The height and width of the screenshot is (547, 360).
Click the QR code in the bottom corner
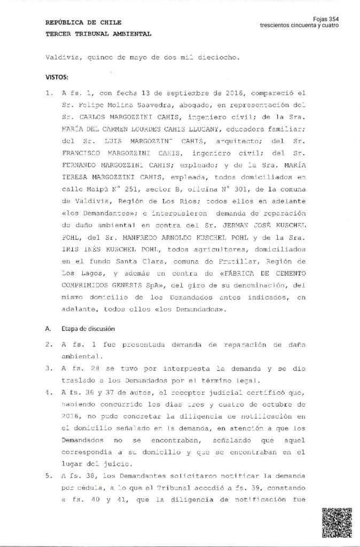tap(336, 523)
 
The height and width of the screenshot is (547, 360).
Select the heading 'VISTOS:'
tap(58, 76)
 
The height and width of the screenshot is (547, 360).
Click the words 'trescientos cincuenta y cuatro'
tap(300, 26)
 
